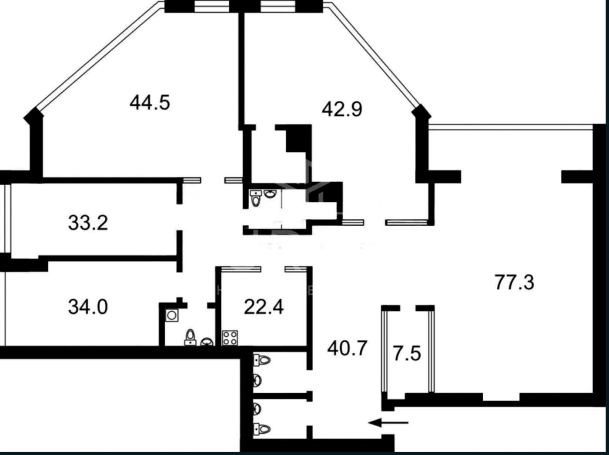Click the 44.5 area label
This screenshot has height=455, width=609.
point(150,103)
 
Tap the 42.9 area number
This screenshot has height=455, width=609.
point(342,109)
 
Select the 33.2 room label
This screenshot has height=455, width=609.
point(88,223)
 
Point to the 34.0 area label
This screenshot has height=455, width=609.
point(88,308)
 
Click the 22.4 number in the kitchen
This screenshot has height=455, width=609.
point(264,308)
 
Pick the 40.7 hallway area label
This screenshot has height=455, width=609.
point(348,348)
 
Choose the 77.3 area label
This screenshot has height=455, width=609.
point(515,282)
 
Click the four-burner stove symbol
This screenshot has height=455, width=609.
point(230,338)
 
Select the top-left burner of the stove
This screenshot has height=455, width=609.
point(226,334)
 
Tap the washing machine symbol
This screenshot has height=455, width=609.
point(172,315)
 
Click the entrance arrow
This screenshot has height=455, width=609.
point(388,423)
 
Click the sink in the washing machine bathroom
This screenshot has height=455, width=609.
point(207,341)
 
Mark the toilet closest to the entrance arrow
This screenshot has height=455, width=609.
point(261,429)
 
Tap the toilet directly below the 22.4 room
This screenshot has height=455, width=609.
point(261,360)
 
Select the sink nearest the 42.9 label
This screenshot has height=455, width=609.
point(269,194)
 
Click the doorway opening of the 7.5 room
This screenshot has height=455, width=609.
point(408,308)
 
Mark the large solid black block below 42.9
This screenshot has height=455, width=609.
point(299,138)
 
